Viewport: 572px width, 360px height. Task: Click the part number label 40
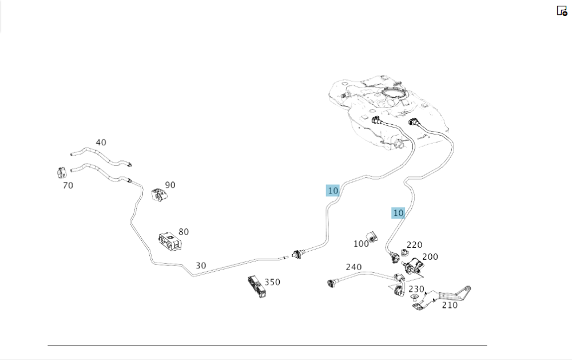[101, 143]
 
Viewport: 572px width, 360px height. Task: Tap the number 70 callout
[67, 185]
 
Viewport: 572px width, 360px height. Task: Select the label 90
[170, 185]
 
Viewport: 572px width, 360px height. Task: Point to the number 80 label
[183, 232]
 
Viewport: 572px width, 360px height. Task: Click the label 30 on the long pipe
[201, 266]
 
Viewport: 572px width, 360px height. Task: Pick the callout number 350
[272, 282]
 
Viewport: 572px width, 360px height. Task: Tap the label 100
[361, 244]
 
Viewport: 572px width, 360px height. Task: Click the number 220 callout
[414, 245]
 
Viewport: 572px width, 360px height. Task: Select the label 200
[430, 257]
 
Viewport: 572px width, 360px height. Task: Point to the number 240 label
[353, 267]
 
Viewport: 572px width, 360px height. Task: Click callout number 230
[416, 289]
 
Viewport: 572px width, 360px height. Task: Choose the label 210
[450, 305]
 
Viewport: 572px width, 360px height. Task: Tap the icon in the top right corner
[562, 10]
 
